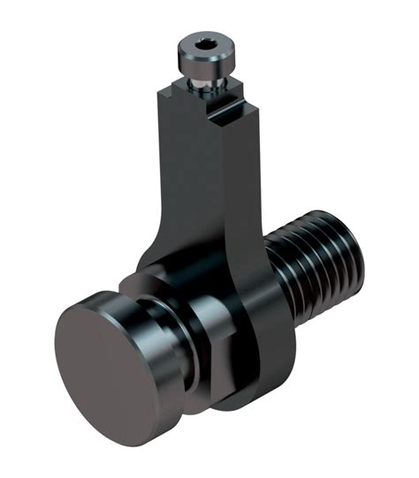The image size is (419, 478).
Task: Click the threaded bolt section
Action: coord(318,265)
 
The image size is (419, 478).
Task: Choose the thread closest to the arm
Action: coord(281,274)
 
